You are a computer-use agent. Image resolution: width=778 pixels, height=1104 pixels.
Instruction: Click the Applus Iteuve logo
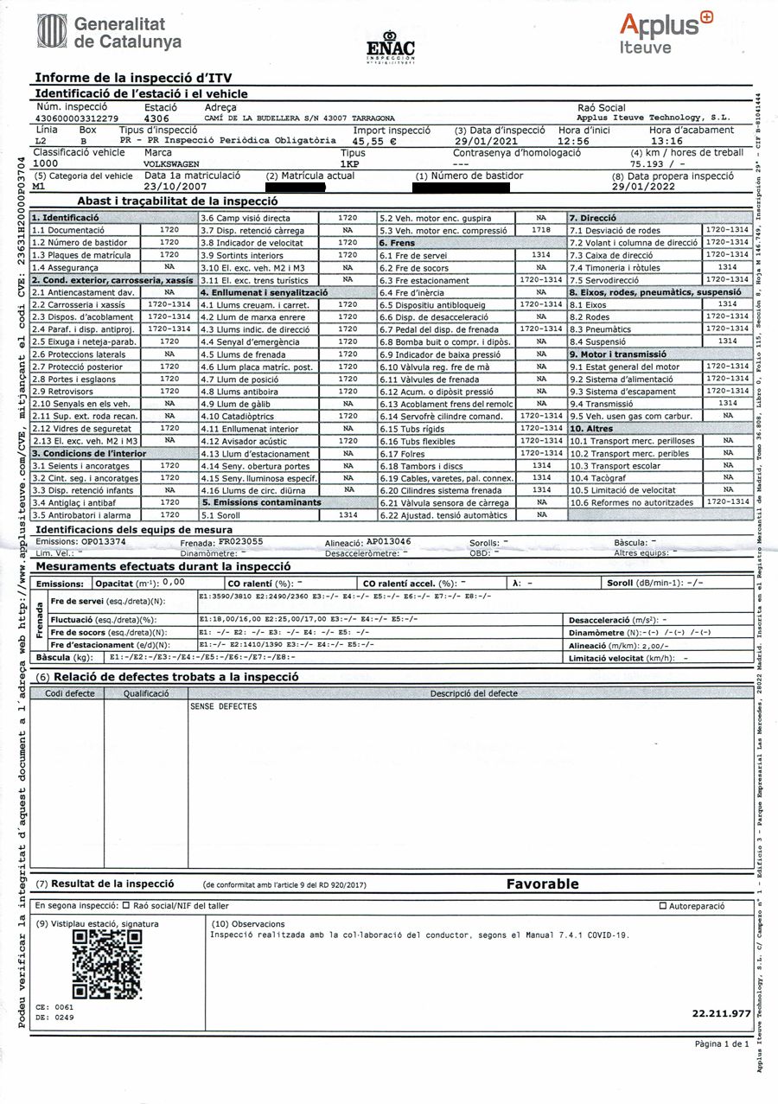(665, 32)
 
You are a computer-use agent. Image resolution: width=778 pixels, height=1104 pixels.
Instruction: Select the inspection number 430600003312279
(77, 118)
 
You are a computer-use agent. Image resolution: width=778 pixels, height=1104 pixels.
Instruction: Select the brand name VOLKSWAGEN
(171, 163)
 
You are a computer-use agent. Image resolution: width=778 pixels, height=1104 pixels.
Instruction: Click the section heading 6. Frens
(399, 243)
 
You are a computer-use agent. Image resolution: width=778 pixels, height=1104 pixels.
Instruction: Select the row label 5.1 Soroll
(220, 514)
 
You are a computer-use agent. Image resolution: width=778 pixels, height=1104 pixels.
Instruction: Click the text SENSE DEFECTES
(223, 706)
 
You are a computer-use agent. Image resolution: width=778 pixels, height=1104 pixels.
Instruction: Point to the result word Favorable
(542, 884)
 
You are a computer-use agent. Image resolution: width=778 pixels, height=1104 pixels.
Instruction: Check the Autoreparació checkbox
(663, 906)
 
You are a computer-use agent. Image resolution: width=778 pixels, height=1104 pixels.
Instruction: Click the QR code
(106, 965)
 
